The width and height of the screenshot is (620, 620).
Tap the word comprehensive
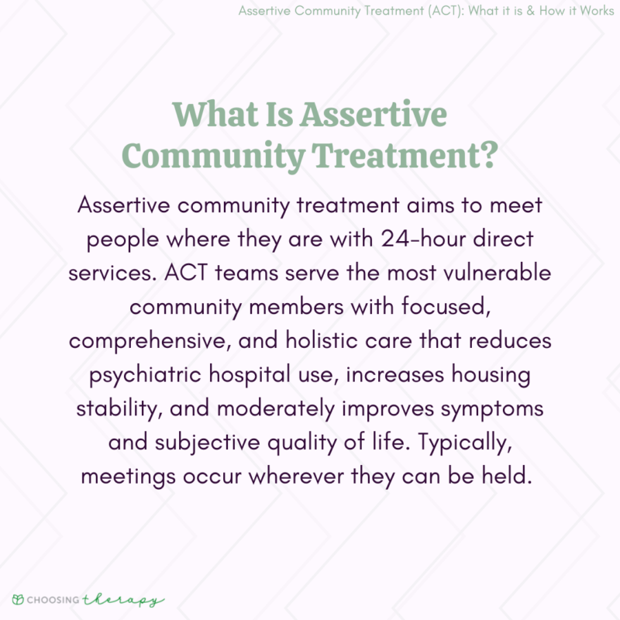(x=166, y=342)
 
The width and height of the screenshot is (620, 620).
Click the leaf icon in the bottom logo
(x=16, y=600)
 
